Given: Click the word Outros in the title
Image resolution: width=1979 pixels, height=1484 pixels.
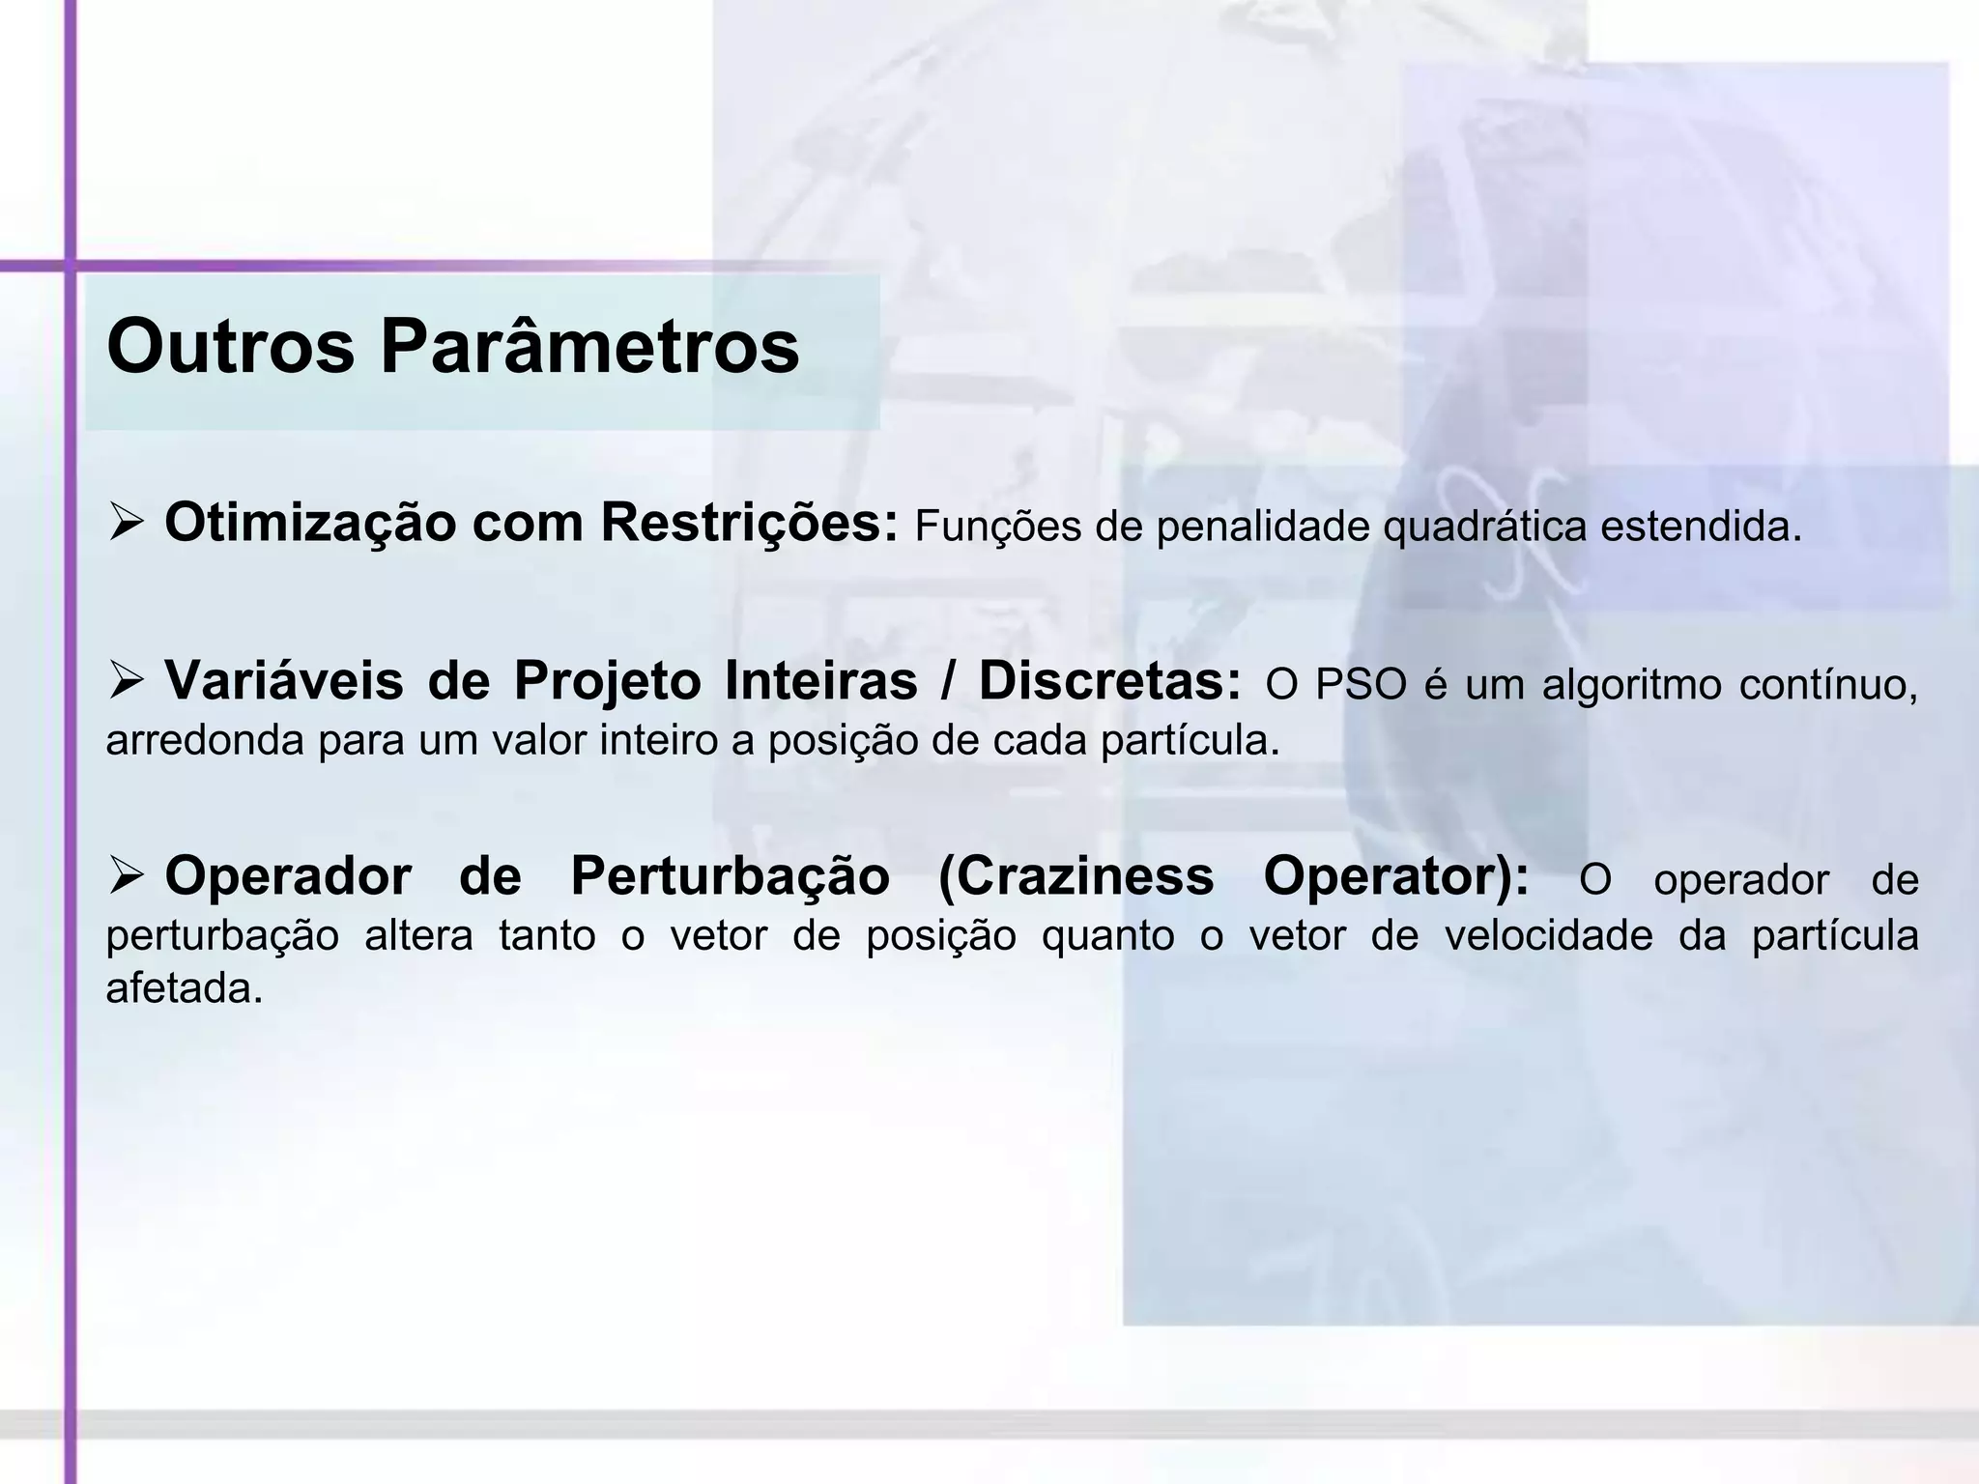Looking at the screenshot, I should coord(230,347).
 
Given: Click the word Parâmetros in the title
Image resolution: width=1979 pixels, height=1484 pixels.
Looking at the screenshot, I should coord(589,347).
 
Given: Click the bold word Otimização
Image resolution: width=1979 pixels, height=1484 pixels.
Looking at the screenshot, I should coord(310,525).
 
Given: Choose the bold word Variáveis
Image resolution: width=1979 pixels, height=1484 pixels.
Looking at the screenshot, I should coord(284,681).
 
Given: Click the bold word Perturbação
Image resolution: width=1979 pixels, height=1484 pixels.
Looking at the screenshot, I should coord(730,877).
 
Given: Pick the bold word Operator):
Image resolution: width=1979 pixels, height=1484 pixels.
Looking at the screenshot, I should coord(1396,877).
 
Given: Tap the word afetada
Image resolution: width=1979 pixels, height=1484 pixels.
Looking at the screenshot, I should coord(185,989).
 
